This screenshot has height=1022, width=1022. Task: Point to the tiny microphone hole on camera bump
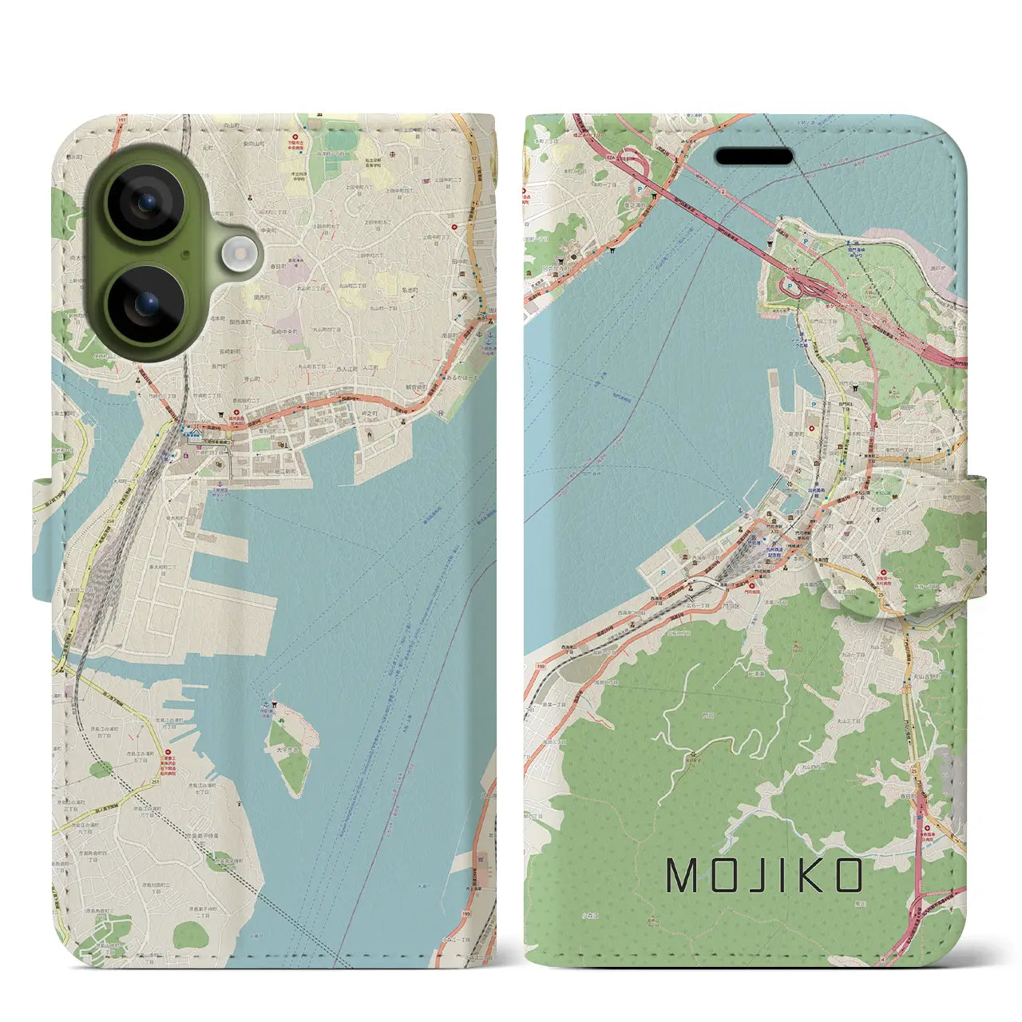tap(186, 255)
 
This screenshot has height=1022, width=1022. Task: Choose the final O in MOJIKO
tap(848, 876)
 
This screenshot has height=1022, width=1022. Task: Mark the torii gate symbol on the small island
tap(273, 705)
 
